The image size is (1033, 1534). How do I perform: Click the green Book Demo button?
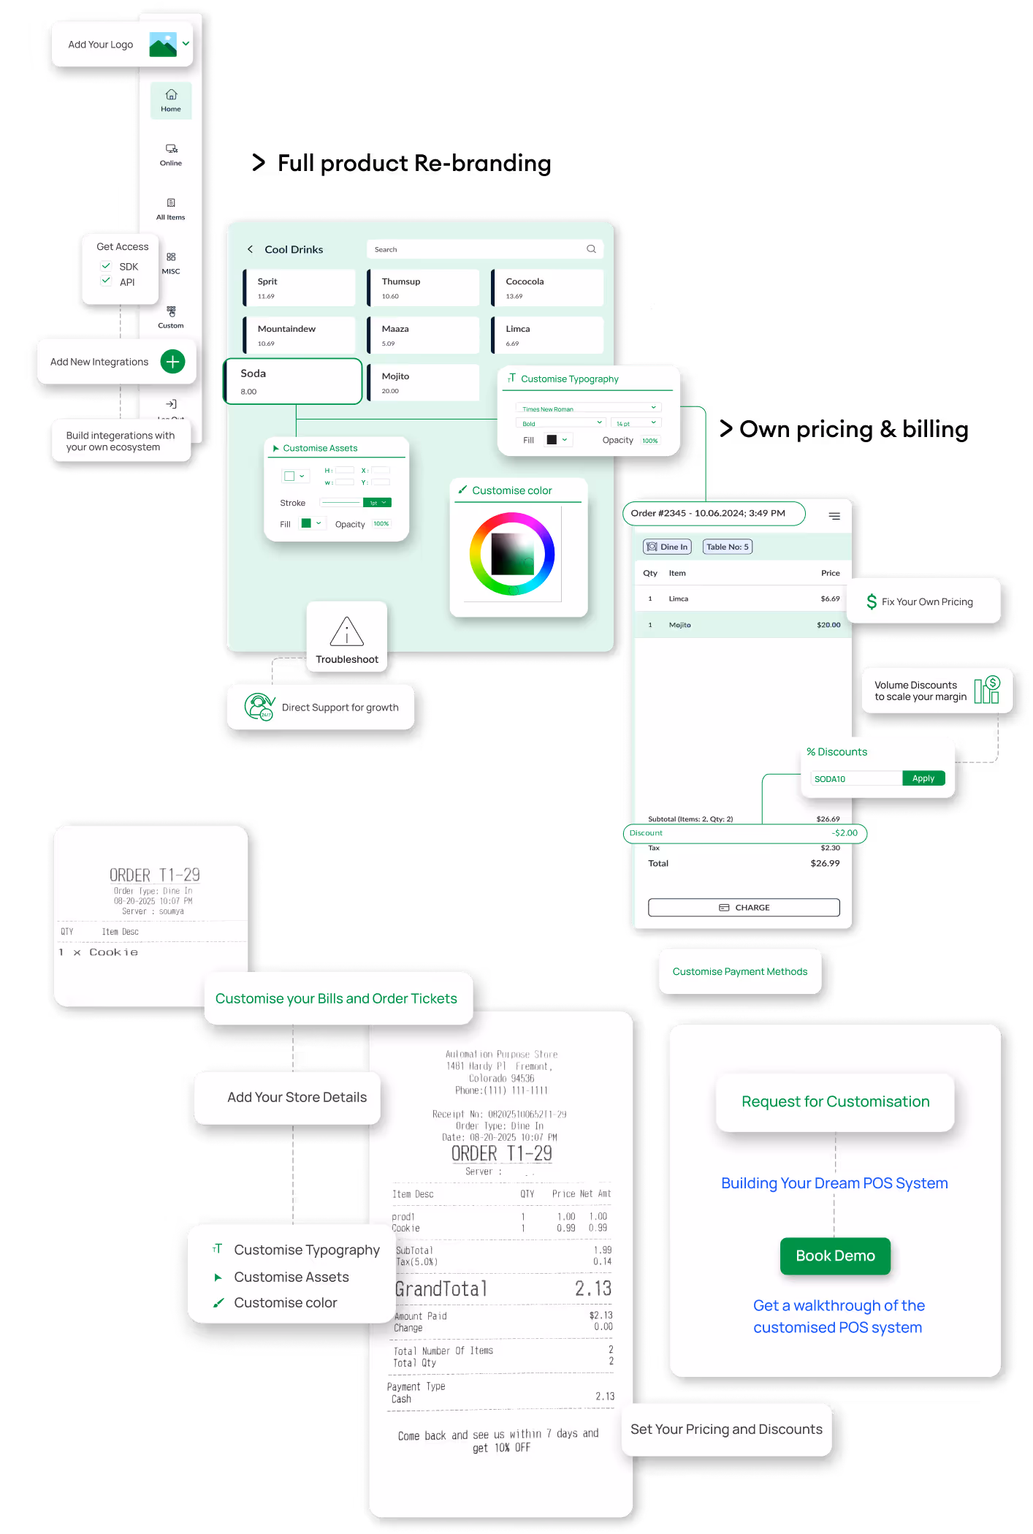(835, 1256)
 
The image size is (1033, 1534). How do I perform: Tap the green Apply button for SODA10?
(923, 778)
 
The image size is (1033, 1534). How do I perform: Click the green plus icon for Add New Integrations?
(172, 361)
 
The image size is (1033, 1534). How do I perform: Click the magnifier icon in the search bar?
(591, 249)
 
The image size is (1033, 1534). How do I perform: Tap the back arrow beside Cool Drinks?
(250, 249)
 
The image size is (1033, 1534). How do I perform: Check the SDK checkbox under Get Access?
(106, 266)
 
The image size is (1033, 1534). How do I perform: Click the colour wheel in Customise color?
(512, 553)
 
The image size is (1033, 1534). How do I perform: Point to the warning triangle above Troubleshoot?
(346, 631)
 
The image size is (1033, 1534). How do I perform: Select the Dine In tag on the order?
(667, 547)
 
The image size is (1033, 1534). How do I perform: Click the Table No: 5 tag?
(727, 547)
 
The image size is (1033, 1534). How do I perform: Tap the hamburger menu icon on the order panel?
(834, 516)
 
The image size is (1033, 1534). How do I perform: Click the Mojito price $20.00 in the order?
(828, 625)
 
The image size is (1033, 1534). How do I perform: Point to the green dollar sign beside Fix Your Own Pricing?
(872, 601)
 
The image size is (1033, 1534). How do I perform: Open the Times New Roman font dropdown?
(589, 409)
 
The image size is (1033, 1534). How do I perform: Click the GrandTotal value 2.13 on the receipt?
(592, 1288)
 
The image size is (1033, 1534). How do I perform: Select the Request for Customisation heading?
(835, 1101)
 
